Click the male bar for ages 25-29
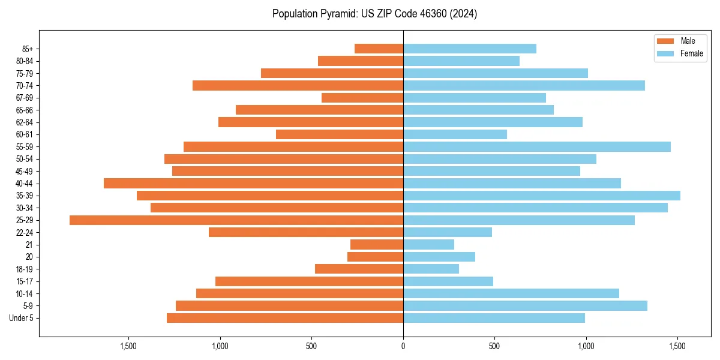click(x=236, y=220)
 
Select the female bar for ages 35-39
click(x=541, y=196)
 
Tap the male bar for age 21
click(x=377, y=245)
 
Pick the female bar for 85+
click(x=469, y=49)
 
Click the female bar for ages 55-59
click(x=536, y=146)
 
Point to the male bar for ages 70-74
click(x=298, y=86)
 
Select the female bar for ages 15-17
click(x=448, y=281)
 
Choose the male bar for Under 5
click(x=285, y=318)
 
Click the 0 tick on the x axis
click(x=403, y=346)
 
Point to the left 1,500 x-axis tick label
click(x=128, y=346)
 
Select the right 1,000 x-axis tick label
click(x=586, y=346)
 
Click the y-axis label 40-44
click(x=25, y=184)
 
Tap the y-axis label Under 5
click(x=22, y=318)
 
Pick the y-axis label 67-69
click(x=25, y=98)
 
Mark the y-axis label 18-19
click(x=25, y=269)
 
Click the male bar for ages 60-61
click(x=340, y=134)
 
